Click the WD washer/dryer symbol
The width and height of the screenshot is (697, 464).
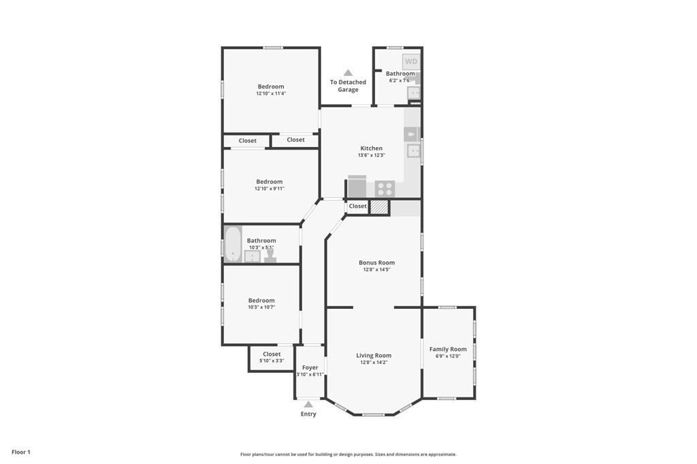pyautogui.click(x=411, y=61)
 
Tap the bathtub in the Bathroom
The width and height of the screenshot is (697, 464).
pyautogui.click(x=233, y=244)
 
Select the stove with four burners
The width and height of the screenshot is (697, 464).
pyautogui.click(x=385, y=188)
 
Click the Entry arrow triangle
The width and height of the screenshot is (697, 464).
pyautogui.click(x=308, y=404)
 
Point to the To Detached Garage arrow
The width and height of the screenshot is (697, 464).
pyautogui.click(x=348, y=73)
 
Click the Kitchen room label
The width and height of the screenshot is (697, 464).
pyautogui.click(x=371, y=148)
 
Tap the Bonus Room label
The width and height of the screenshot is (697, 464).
pyautogui.click(x=376, y=263)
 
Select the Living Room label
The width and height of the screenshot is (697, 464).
pyautogui.click(x=374, y=355)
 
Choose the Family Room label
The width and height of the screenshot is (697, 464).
pyautogui.click(x=448, y=349)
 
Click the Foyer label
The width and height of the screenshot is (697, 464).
pyautogui.click(x=310, y=367)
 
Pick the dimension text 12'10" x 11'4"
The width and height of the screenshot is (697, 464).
pyautogui.click(x=271, y=94)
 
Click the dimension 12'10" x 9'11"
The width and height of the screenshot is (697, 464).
pyautogui.click(x=270, y=188)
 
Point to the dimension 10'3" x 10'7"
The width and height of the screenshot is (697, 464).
pyautogui.click(x=261, y=308)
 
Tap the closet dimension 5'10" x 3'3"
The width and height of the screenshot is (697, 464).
pyautogui.click(x=272, y=361)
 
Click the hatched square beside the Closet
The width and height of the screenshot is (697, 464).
pyautogui.click(x=379, y=207)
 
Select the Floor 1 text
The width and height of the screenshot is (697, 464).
pyautogui.click(x=21, y=452)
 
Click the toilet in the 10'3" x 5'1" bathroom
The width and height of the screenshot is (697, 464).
pyautogui.click(x=270, y=255)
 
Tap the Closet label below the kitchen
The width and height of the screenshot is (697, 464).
pyautogui.click(x=357, y=206)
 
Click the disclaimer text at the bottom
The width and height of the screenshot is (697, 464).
pyautogui.click(x=348, y=454)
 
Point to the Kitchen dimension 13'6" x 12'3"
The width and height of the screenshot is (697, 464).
pyautogui.click(x=371, y=155)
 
